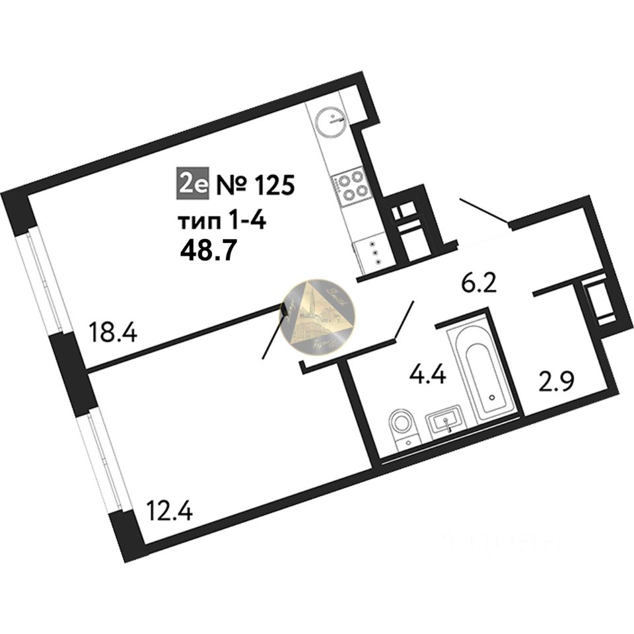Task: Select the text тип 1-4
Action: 221,220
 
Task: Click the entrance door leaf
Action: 484,212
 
